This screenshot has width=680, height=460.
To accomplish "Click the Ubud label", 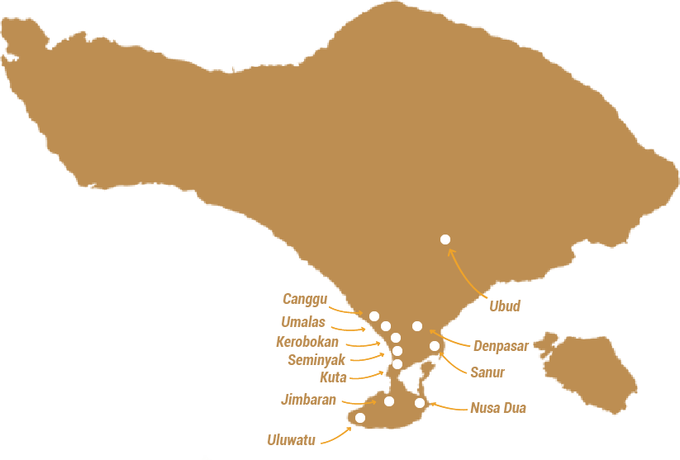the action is click(x=504, y=306).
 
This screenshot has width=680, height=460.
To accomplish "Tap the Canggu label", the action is click(x=305, y=299).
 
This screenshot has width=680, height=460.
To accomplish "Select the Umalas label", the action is click(x=303, y=322).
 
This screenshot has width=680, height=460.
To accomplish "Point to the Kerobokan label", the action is click(x=307, y=341).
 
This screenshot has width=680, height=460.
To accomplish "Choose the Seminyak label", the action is click(x=316, y=360).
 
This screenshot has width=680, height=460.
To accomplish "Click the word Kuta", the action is click(x=333, y=377).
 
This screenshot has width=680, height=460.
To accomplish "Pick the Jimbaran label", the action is click(x=308, y=401).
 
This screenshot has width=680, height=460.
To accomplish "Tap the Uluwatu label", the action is click(x=291, y=440).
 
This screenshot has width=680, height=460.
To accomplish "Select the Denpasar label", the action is click(x=501, y=346).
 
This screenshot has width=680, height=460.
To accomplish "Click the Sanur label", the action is click(x=487, y=372).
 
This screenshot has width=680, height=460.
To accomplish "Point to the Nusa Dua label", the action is click(x=497, y=408).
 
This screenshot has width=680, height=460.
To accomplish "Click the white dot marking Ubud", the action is click(x=445, y=239).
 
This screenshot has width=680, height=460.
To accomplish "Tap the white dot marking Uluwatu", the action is click(x=360, y=418).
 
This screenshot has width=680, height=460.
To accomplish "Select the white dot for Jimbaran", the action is click(x=389, y=401).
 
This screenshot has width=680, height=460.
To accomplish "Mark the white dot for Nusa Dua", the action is click(x=420, y=403).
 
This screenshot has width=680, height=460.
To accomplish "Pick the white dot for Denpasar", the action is click(x=417, y=326).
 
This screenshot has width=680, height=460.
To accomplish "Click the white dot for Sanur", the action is click(x=435, y=346).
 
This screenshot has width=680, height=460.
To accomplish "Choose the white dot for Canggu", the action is click(x=374, y=316).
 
